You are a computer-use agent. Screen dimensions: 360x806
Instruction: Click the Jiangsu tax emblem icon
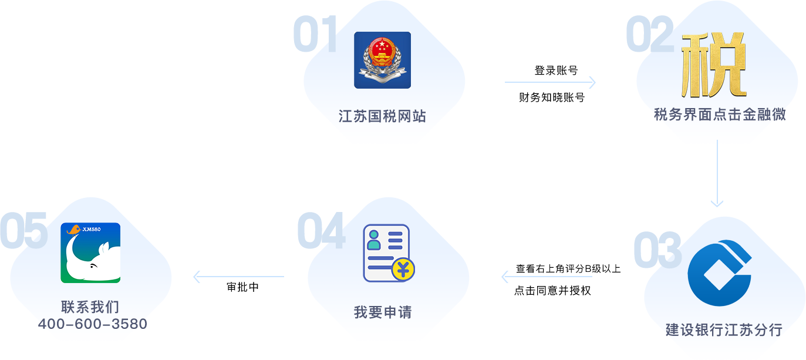382,60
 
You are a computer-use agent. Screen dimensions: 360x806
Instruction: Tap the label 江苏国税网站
382,116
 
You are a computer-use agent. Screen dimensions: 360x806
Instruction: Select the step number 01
315,35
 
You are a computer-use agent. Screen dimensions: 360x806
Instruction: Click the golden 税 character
713,65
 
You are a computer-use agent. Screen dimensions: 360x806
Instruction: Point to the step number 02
649,35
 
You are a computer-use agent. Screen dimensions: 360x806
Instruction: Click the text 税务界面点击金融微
720,115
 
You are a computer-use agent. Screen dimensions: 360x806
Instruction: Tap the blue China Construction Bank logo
720,272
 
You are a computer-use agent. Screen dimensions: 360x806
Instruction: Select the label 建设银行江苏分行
724,330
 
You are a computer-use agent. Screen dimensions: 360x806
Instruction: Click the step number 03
657,250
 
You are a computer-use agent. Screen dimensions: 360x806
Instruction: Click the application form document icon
387,253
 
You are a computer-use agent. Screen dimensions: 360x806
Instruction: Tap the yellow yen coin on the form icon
403,270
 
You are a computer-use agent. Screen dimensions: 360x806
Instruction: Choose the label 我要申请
383,312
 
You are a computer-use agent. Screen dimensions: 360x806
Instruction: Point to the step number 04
321,230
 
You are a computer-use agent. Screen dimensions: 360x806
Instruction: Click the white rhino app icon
90,253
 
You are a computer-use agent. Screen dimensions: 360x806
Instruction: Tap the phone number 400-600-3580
92,324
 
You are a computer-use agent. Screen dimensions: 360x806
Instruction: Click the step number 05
23,230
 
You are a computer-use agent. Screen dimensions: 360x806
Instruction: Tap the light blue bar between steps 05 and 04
238,277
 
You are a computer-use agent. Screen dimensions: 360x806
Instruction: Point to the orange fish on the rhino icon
74,230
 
